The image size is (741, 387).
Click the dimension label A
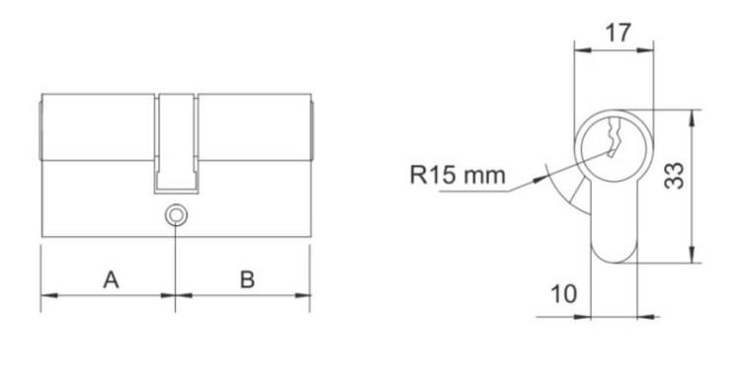tap(112, 279)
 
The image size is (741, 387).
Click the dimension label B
tap(247, 279)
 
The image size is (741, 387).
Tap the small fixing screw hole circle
tap(176, 213)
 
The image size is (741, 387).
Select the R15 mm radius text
tap(456, 176)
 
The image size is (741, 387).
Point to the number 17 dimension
tap(617, 32)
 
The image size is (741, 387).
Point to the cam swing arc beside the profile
tap(566, 188)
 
